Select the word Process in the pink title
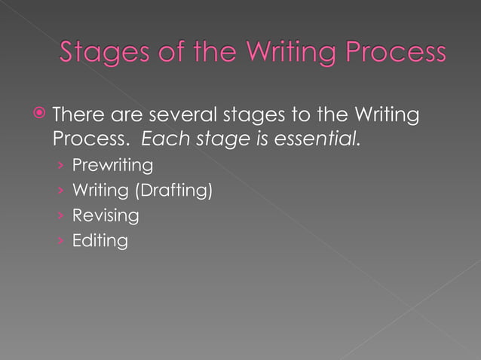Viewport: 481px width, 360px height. (398, 53)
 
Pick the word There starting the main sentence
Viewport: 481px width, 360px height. (78, 116)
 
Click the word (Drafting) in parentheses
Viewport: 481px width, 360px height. (173, 190)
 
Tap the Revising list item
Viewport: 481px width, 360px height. (105, 215)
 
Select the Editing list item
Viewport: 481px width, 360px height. (100, 241)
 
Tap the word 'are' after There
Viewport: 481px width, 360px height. (126, 116)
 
